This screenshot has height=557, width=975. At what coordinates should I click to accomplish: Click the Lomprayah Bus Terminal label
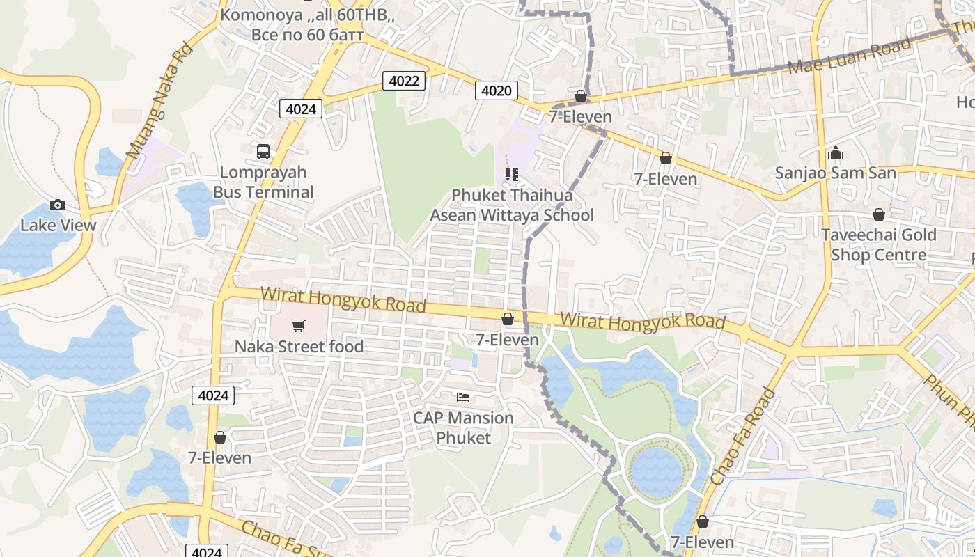263,182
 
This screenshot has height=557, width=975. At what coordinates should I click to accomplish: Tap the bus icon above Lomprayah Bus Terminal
263,151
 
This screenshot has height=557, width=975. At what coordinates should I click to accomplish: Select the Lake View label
58,225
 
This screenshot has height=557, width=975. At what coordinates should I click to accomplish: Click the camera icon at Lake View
58,205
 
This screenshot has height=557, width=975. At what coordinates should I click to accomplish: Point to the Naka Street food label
299,346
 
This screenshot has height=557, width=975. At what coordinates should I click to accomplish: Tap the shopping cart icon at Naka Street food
299,326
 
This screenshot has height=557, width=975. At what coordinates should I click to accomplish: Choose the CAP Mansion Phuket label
463,427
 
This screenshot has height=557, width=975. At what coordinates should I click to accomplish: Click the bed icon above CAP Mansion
463,398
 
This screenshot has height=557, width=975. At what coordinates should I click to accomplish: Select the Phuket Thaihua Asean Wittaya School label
512,205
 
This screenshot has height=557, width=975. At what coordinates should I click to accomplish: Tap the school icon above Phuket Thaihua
512,175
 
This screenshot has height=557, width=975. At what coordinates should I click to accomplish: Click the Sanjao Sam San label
836,173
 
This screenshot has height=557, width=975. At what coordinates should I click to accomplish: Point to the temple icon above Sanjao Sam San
836,152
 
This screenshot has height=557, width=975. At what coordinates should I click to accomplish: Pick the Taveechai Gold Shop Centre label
879,244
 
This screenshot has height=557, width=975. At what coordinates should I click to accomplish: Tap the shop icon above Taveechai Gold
879,214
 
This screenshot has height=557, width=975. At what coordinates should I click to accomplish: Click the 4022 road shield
404,81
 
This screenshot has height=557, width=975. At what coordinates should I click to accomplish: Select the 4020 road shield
497,91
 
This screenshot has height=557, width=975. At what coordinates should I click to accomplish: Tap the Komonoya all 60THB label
307,24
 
